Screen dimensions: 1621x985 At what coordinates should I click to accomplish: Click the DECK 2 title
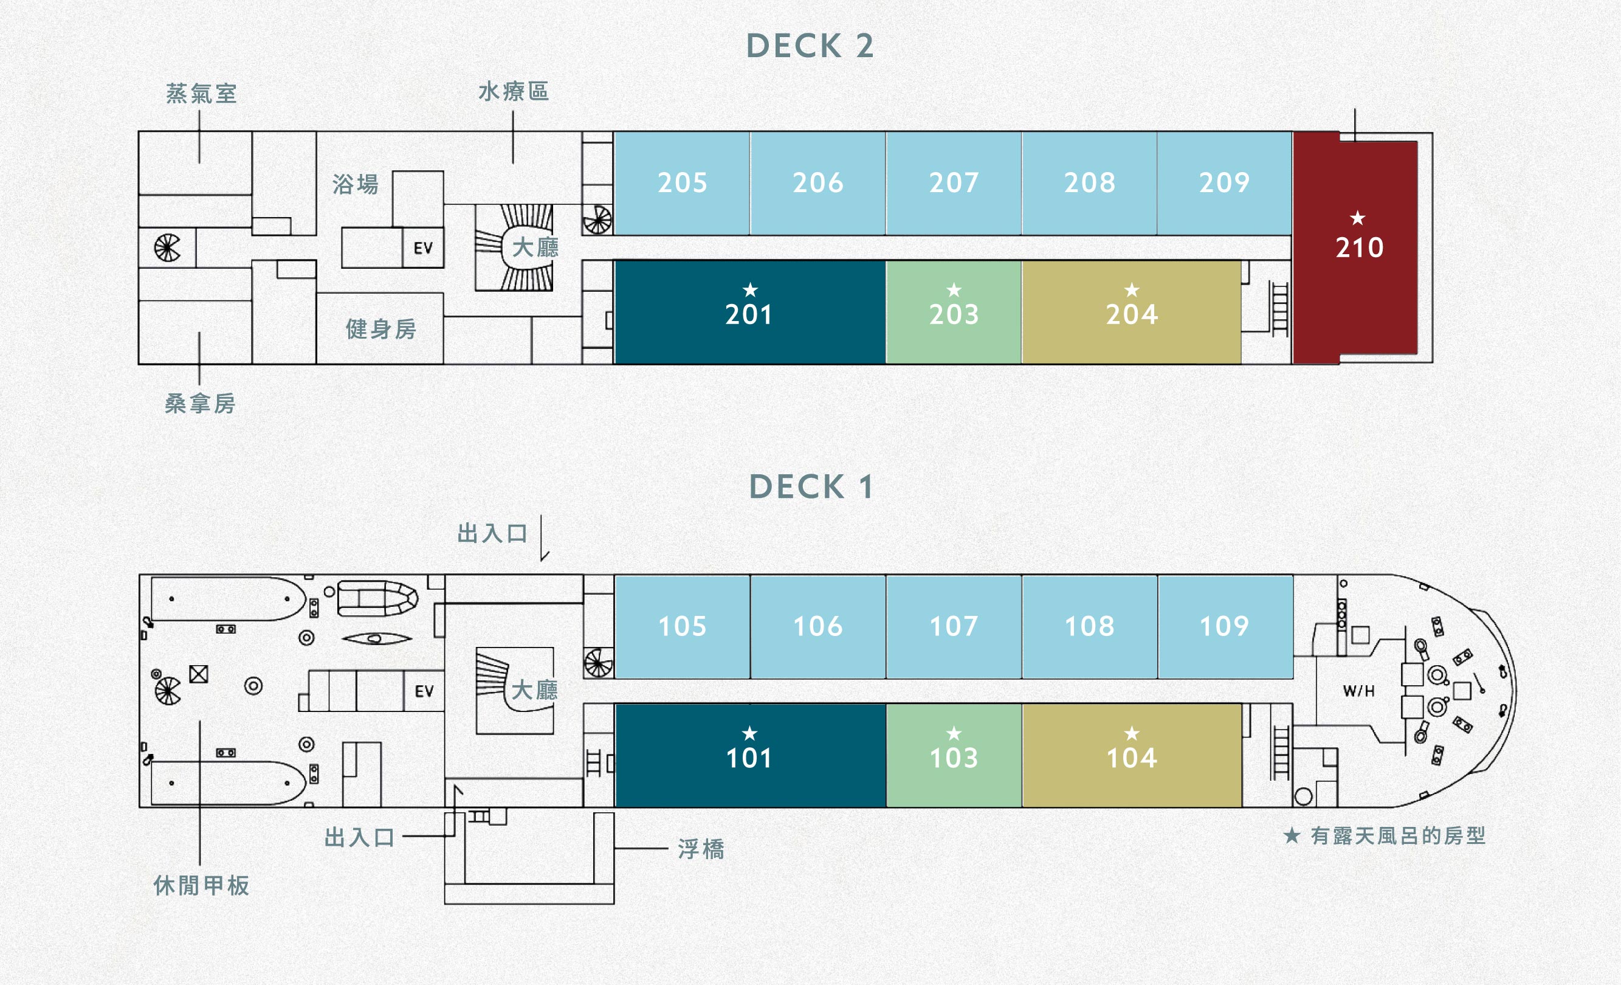[x=810, y=46]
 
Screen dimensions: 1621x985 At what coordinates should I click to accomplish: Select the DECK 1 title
[x=811, y=487]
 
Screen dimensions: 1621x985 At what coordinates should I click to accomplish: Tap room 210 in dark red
[x=1355, y=247]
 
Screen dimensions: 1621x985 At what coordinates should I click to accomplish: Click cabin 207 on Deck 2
[x=954, y=183]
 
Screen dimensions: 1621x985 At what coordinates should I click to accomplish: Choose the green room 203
[x=954, y=312]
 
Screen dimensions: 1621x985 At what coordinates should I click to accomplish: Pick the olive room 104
[x=1132, y=755]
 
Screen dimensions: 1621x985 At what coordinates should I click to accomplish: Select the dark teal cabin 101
[x=750, y=755]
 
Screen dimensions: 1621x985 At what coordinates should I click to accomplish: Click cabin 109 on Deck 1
[x=1225, y=626]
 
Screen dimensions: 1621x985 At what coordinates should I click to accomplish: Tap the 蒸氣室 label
[x=201, y=94]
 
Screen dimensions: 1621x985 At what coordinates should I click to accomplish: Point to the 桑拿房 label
[x=200, y=403]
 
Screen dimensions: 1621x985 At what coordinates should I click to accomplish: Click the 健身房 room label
[x=381, y=329]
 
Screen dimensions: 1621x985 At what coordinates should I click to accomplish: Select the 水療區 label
[x=514, y=91]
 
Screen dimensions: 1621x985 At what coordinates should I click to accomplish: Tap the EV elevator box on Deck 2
[x=423, y=247]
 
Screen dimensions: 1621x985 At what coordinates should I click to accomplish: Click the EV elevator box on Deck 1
[x=424, y=691]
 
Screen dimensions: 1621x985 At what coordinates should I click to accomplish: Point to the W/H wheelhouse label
[x=1358, y=691]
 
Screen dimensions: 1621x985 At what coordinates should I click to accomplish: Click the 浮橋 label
[x=701, y=849]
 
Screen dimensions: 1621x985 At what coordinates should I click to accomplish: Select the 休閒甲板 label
[x=201, y=886]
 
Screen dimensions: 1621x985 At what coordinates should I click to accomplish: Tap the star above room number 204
[x=1132, y=289]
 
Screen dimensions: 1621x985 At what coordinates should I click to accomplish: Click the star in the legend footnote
[x=1292, y=835]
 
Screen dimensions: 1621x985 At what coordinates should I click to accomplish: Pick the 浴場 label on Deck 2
[x=355, y=184]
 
